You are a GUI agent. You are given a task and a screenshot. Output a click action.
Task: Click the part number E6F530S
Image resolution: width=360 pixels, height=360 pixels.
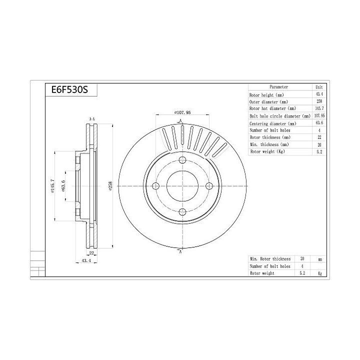pyautogui.click(x=66, y=90)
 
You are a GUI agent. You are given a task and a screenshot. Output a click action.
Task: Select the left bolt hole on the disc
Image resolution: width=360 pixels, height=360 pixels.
pyautogui.click(x=154, y=186)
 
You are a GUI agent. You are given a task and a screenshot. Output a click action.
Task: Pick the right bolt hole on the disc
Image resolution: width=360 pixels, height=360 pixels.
pyautogui.click(x=209, y=186)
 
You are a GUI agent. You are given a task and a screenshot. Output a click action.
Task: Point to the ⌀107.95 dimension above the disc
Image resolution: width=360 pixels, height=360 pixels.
pyautogui.click(x=182, y=112)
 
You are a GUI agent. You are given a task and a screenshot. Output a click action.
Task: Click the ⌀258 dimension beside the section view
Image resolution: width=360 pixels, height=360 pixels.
pyautogui.click(x=110, y=186)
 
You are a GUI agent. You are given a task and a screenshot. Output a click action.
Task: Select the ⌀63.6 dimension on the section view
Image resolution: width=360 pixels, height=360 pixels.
pyautogui.click(x=63, y=186)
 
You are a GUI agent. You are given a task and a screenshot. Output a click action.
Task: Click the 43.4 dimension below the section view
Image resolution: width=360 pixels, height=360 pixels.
pyautogui.click(x=85, y=261)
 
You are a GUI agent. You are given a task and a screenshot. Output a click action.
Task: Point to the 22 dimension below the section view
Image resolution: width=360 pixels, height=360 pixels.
pyautogui.click(x=91, y=253)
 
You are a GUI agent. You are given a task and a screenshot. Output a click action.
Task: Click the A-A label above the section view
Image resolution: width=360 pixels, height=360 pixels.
pyautogui.click(x=92, y=119)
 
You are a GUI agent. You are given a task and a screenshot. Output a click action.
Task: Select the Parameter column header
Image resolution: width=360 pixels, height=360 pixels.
pyautogui.click(x=278, y=87)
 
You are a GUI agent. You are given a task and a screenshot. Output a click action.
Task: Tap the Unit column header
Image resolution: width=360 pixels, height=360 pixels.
pyautogui.click(x=318, y=87)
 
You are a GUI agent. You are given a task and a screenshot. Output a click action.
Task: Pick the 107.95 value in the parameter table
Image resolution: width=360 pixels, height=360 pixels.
pyautogui.click(x=318, y=116)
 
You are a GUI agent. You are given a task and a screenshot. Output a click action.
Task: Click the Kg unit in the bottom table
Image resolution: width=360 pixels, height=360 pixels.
pyautogui.click(x=319, y=273)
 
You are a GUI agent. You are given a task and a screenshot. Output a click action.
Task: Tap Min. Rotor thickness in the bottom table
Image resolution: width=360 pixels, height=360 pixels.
pyautogui.click(x=270, y=259)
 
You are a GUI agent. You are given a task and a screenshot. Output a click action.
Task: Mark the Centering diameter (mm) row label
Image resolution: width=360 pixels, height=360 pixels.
pyautogui.click(x=273, y=123)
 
